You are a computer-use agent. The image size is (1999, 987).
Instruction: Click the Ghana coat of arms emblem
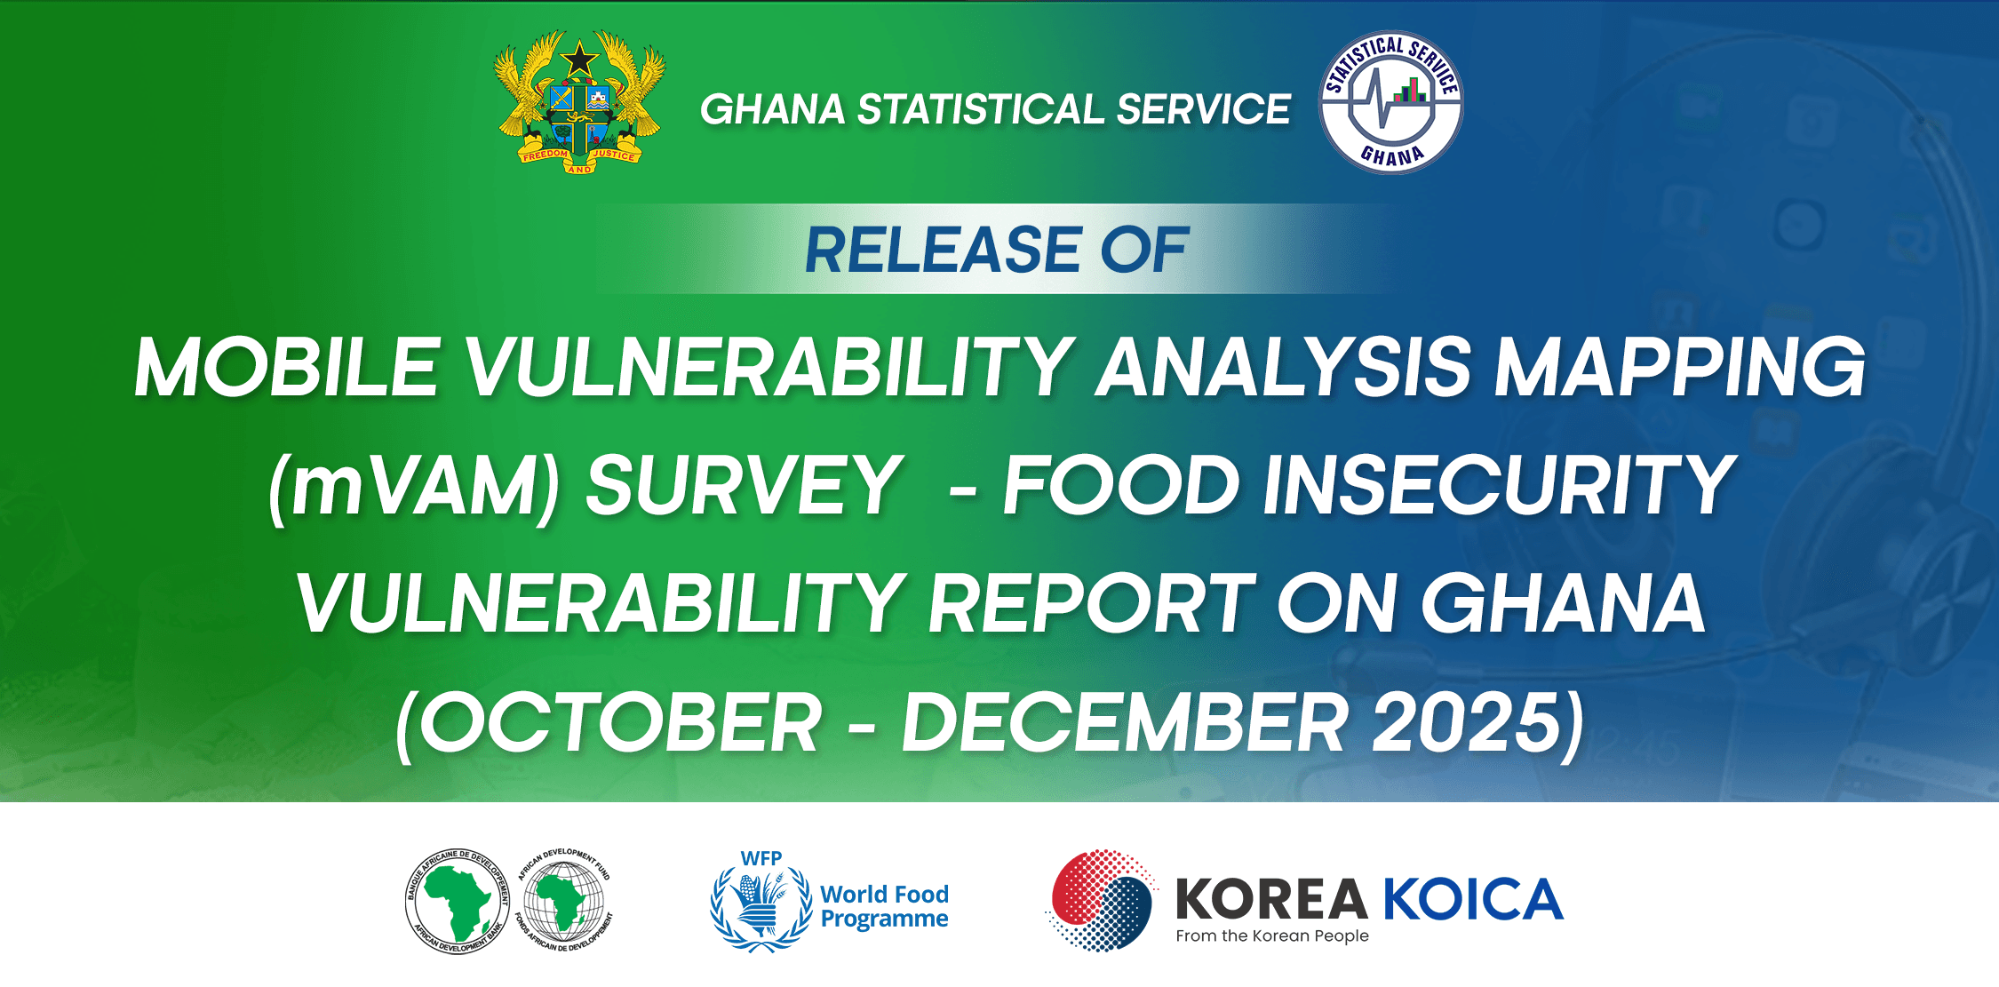click(579, 101)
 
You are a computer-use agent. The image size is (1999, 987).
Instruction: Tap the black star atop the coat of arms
click(579, 60)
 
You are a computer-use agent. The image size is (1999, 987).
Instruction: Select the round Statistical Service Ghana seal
click(1391, 102)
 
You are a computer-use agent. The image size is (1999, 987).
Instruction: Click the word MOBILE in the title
click(287, 367)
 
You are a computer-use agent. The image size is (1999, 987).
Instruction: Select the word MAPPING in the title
click(1680, 367)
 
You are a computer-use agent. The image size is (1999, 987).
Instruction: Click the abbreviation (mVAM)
click(415, 486)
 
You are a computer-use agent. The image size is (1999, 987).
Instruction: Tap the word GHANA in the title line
click(1563, 603)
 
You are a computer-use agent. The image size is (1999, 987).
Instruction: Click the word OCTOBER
click(620, 722)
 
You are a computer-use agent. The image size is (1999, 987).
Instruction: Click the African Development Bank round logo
click(458, 901)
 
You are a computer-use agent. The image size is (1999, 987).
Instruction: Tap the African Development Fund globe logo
click(564, 900)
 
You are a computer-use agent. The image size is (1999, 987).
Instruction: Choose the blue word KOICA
click(1473, 899)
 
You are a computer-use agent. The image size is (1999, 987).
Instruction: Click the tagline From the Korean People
click(1272, 935)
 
